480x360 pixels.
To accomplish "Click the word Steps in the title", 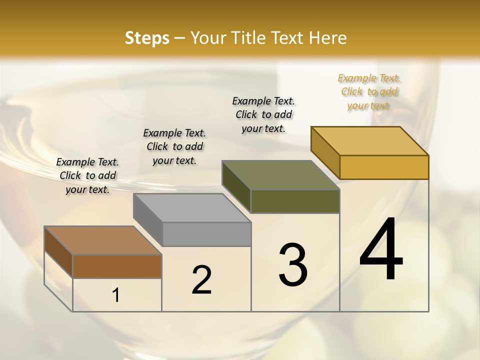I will (147, 38).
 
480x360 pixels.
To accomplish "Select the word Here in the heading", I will (327, 38).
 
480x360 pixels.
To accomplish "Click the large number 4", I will (381, 249).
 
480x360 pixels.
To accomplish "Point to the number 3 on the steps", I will (293, 265).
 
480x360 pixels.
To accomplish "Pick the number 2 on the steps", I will (202, 279).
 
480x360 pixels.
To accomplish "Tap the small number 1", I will (116, 295).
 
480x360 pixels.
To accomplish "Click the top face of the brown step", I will (102, 240).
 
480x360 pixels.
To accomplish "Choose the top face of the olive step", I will (280, 175).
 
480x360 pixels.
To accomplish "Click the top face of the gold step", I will (369, 141).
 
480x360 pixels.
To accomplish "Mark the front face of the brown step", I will (117, 266).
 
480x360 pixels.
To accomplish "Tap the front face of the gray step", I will (206, 234).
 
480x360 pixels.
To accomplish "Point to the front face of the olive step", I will (295, 201).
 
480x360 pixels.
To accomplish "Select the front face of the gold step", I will (384, 167).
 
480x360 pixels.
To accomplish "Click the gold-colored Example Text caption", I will (369, 91).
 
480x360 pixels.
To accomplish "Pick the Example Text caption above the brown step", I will (87, 175).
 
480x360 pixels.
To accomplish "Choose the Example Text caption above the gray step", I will (174, 146).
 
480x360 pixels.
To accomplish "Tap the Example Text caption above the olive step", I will (263, 114).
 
